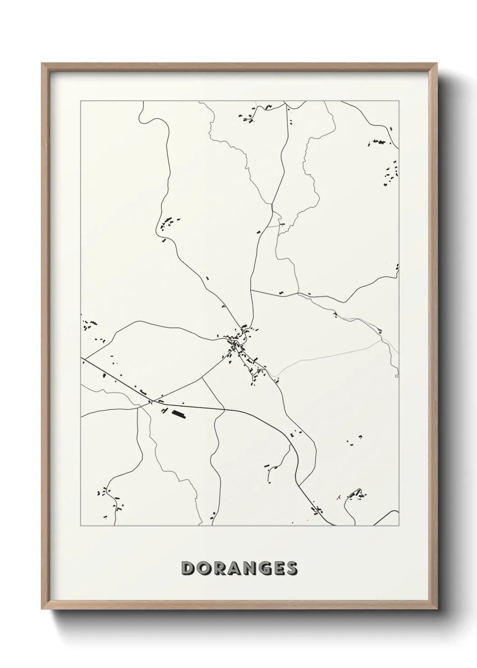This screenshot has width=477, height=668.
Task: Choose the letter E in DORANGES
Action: (276, 569)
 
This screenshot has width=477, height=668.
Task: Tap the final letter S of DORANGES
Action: (290, 569)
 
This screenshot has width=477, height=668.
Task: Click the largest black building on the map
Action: (179, 413)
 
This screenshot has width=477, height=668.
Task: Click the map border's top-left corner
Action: (81, 101)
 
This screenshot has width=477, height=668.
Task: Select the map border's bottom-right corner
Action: (399, 526)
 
